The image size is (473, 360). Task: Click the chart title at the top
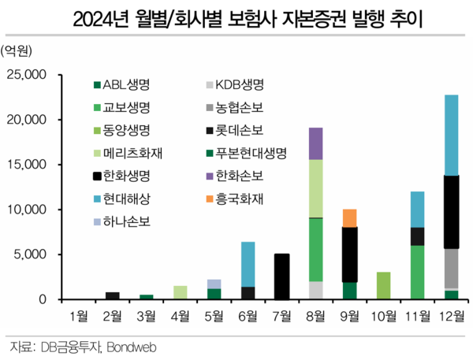click(x=236, y=18)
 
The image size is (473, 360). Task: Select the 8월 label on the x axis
click(x=315, y=317)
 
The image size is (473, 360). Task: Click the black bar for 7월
click(x=281, y=276)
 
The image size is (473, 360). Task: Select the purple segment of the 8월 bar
click(x=315, y=143)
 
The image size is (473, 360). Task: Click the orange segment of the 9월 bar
click(x=349, y=218)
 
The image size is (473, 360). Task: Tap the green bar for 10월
click(x=383, y=285)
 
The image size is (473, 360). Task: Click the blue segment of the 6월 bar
click(x=248, y=264)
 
